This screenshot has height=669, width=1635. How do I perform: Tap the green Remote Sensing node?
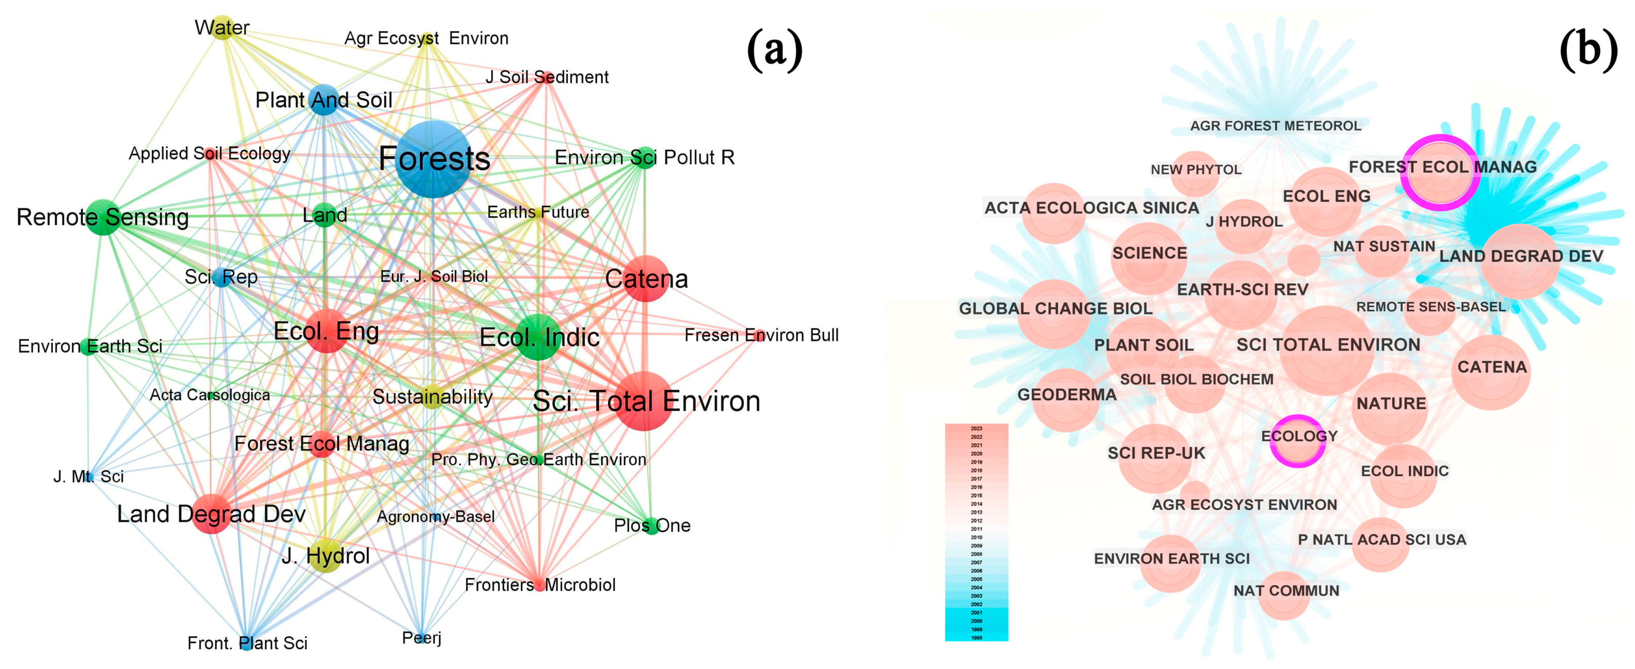click(102, 217)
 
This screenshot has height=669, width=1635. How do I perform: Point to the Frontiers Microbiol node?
click(539, 584)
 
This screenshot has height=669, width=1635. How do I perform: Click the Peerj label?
click(421, 637)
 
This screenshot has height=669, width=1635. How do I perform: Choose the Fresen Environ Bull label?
click(761, 335)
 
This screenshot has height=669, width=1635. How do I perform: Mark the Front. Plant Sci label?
click(247, 643)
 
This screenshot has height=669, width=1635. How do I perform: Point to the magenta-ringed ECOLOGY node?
click(1298, 441)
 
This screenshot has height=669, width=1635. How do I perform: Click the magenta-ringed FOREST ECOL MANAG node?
click(1440, 173)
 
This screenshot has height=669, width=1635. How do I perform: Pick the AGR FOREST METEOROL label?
click(1275, 126)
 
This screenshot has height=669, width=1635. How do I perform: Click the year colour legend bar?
click(976, 532)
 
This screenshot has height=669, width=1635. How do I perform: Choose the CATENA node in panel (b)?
click(1491, 371)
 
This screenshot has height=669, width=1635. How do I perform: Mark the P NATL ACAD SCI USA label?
click(1382, 540)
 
